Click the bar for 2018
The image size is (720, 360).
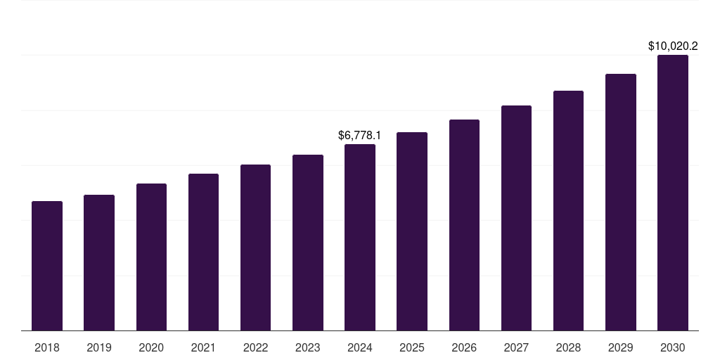(47, 266)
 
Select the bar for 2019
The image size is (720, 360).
(99, 263)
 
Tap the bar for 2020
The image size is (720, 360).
(151, 257)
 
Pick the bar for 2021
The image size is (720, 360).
(203, 252)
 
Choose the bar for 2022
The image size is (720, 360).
(255, 247)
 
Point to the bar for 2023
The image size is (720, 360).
(308, 243)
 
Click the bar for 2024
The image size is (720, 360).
(360, 238)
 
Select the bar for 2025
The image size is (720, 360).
(412, 231)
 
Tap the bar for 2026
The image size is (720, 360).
(464, 225)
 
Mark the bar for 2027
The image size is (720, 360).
(516, 218)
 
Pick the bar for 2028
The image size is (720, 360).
(568, 211)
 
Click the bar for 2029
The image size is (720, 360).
(621, 202)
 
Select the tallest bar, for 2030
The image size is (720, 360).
(673, 193)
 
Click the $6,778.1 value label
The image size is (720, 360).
(359, 134)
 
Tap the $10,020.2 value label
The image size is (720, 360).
(673, 46)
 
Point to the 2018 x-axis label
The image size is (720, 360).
(47, 347)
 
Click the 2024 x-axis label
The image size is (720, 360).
(360, 347)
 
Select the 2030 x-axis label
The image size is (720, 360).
(673, 347)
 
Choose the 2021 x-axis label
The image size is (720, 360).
(203, 347)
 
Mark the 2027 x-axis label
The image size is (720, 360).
(516, 347)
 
